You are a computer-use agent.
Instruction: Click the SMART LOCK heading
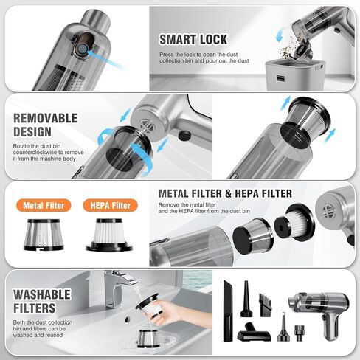point(193,40)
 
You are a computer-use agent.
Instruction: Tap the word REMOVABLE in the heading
point(45,118)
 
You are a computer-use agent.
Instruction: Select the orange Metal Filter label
point(44,205)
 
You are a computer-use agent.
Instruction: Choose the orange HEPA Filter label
point(110,205)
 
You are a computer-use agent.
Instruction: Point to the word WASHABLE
point(42,294)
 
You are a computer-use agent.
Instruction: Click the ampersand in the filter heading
point(228,193)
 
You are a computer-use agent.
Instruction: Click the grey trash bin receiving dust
point(295,75)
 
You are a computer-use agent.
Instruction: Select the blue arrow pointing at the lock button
point(105,59)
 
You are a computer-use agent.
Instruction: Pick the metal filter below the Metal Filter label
point(44,235)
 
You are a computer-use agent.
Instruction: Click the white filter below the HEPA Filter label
point(109,235)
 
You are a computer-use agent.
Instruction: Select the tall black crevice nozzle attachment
point(228,311)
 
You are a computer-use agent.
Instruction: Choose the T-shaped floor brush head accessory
point(254,333)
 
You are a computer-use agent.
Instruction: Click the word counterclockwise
point(36,153)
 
